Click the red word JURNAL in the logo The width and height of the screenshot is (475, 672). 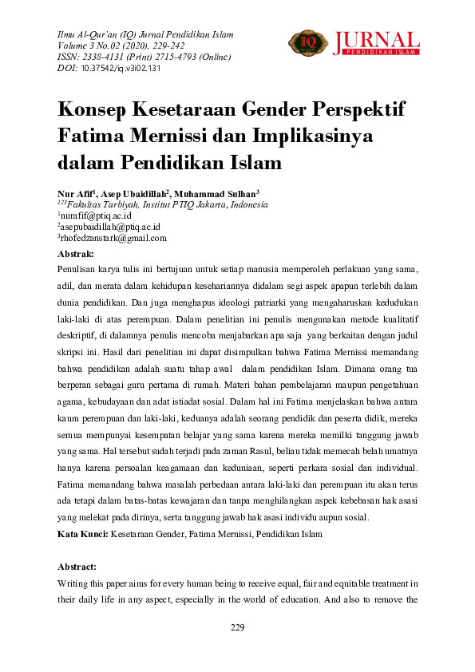(x=376, y=40)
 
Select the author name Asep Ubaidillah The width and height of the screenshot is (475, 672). (x=135, y=193)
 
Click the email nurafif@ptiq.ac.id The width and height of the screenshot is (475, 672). (x=96, y=215)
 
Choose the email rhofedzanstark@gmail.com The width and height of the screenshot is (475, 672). (x=113, y=238)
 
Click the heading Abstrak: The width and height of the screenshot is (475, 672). (x=76, y=253)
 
